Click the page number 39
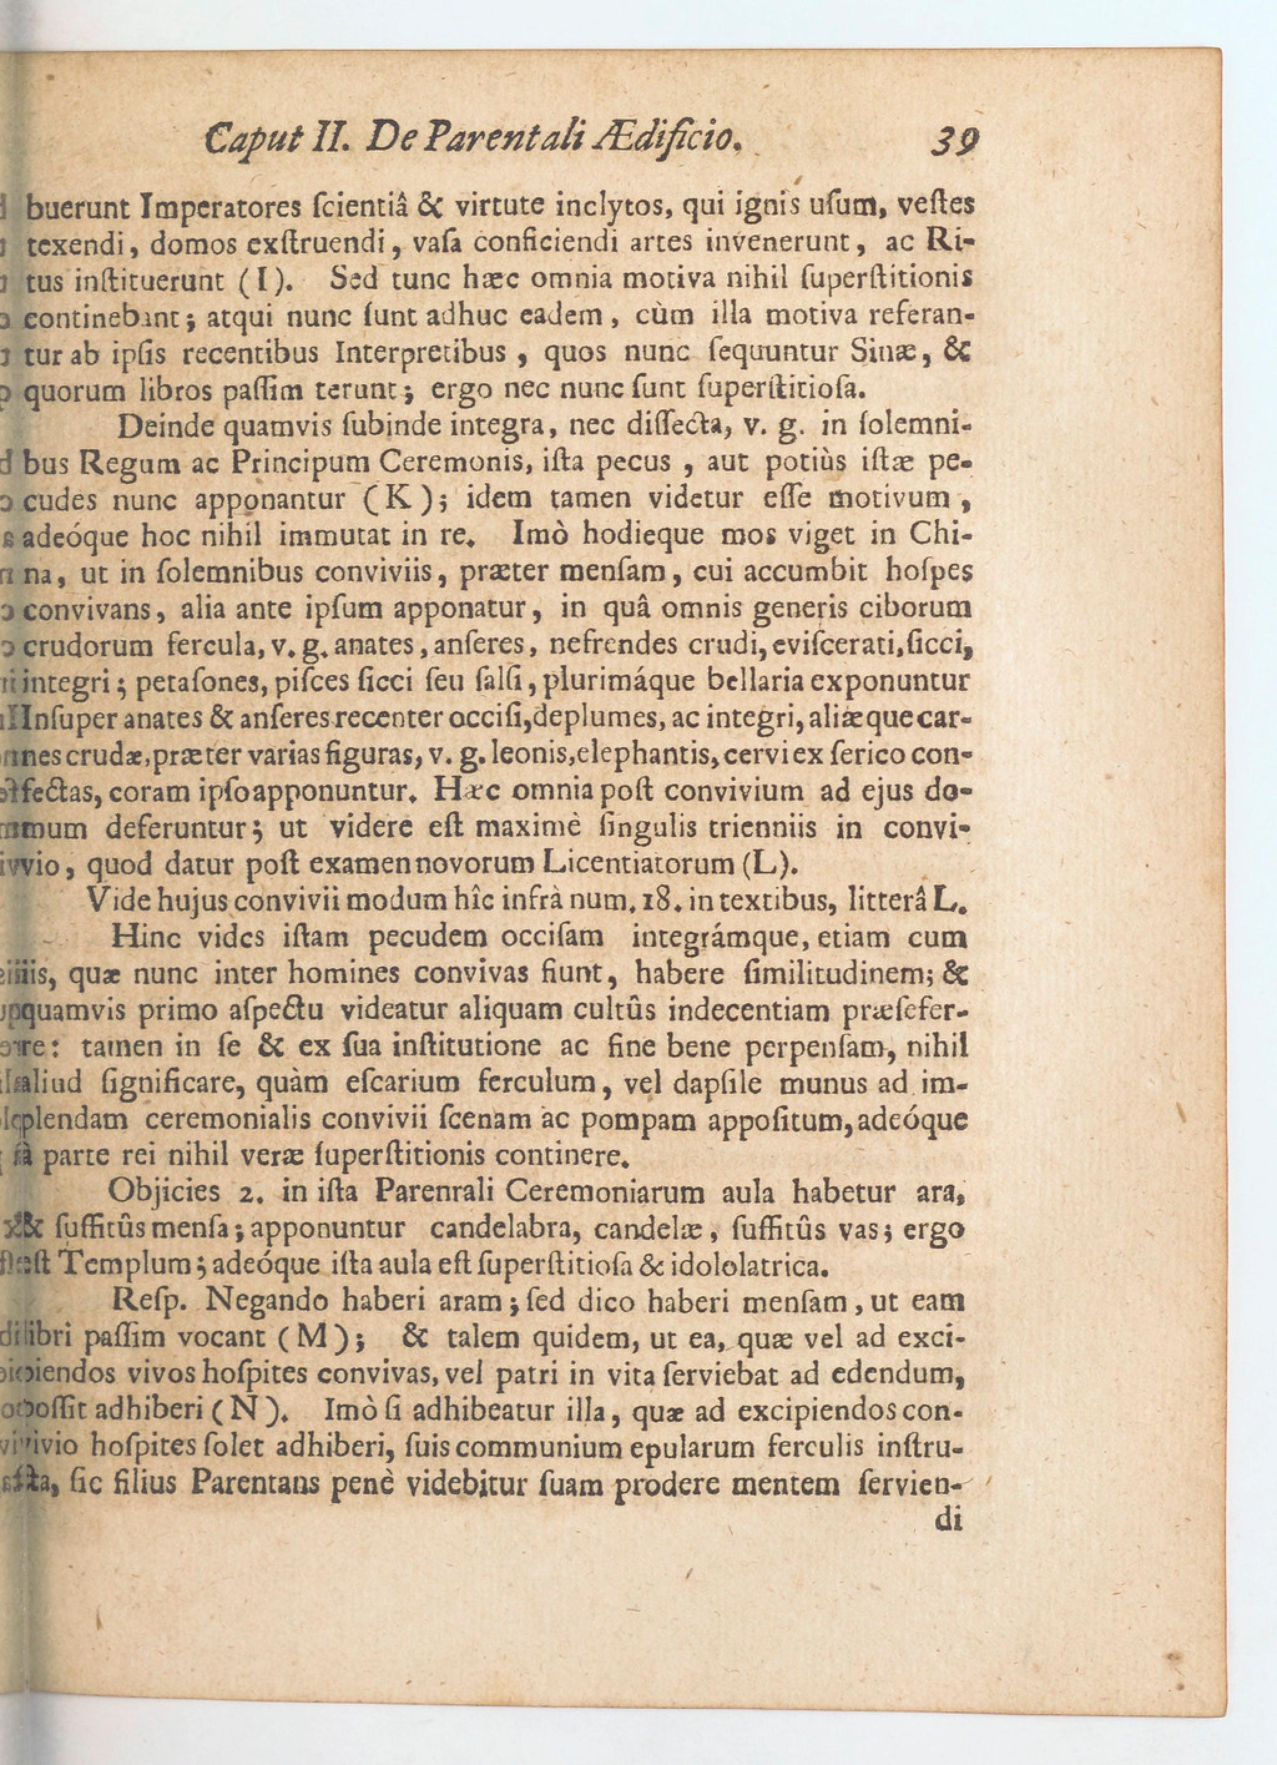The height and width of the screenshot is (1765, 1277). pos(956,142)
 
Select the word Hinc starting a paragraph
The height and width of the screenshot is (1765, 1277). pos(145,936)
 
